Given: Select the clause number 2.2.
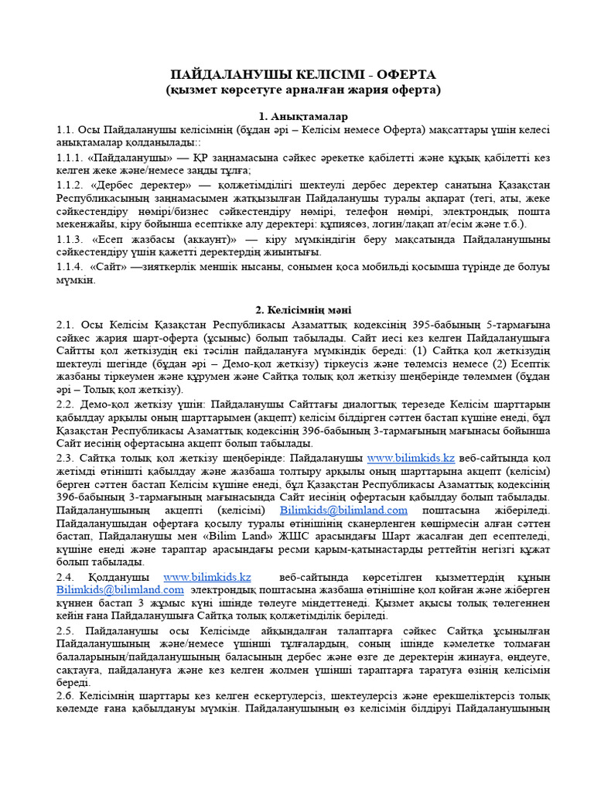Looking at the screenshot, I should [65, 404].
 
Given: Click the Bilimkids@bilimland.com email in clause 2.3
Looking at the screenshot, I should [343, 510].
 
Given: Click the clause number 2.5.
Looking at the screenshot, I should [65, 630].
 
